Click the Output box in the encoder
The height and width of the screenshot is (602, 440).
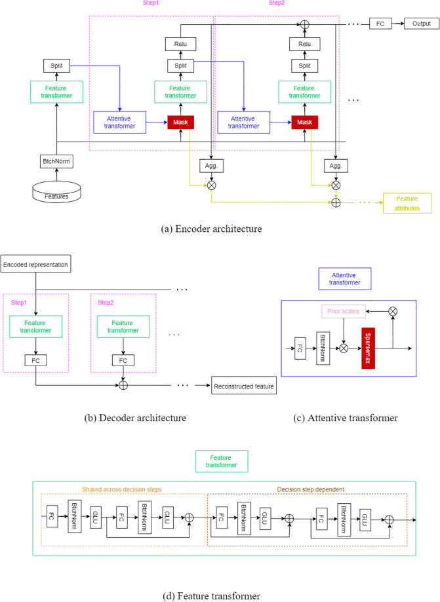tap(422, 24)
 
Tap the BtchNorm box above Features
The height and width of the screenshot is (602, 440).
tap(56, 161)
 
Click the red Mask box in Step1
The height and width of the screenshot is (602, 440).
tap(180, 122)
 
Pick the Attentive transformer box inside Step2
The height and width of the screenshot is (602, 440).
tap(244, 122)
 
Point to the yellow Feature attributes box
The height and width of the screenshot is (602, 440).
tap(407, 203)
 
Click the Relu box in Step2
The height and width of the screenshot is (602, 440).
tap(305, 44)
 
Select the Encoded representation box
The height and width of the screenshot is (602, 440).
tap(36, 264)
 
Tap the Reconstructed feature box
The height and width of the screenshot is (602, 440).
tap(244, 385)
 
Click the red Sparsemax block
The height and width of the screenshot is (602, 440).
tap(368, 348)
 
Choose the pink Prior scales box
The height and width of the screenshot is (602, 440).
tap(343, 311)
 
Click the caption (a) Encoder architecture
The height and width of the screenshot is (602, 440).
tap(211, 229)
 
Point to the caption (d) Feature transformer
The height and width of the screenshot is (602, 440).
tap(211, 596)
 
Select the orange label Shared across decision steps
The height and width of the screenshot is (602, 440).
tap(122, 489)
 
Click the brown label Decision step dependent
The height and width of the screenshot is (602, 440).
tap(311, 489)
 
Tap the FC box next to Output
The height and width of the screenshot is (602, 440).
tap(380, 24)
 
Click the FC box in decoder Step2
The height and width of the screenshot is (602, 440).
tap(123, 360)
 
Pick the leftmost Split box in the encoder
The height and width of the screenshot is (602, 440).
tap(56, 66)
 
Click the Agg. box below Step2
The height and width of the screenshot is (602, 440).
tap(336, 166)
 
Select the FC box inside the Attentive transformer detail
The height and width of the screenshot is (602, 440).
tap(300, 348)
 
